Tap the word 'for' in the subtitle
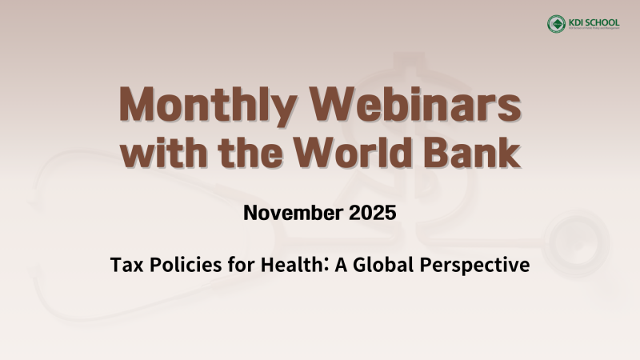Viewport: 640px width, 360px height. (x=230, y=265)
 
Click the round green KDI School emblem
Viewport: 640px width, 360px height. (x=556, y=24)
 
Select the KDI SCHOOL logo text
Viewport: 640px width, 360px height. (x=597, y=22)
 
